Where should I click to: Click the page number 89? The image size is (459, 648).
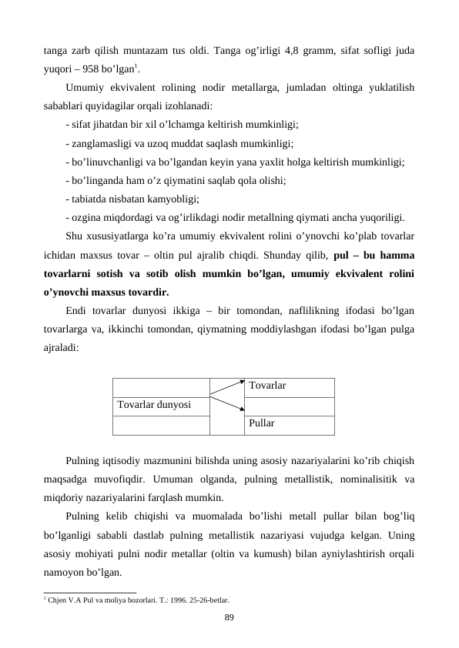[x=229, y=616]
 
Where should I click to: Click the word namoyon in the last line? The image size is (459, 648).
[x=64, y=573]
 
